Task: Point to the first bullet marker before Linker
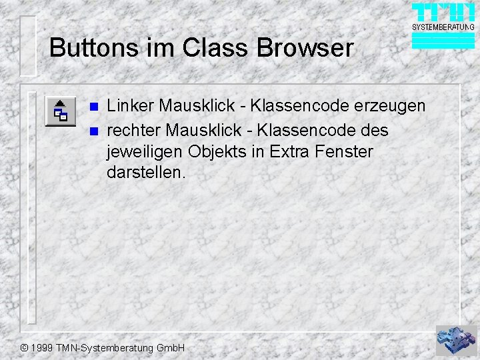tap(94, 107)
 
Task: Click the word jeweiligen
tap(145, 151)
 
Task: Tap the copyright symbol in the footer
tap(24, 348)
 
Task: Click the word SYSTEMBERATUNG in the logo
tap(443, 27)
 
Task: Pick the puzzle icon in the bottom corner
tap(457, 340)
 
